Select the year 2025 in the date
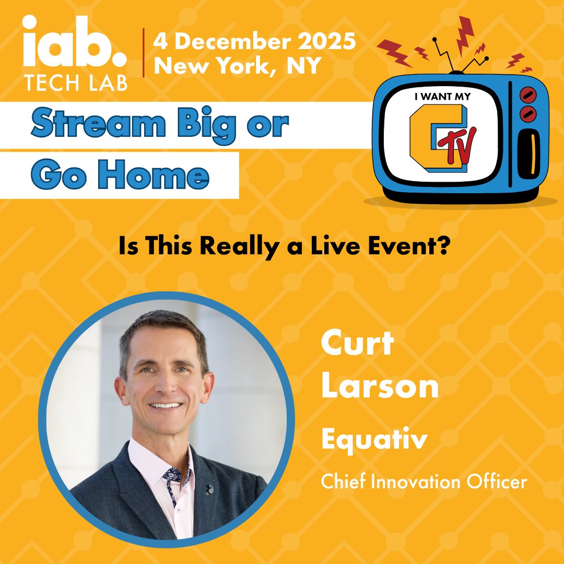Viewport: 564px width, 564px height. [326, 41]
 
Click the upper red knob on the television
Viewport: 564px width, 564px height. [528, 95]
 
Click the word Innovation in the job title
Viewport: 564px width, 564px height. [421, 481]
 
